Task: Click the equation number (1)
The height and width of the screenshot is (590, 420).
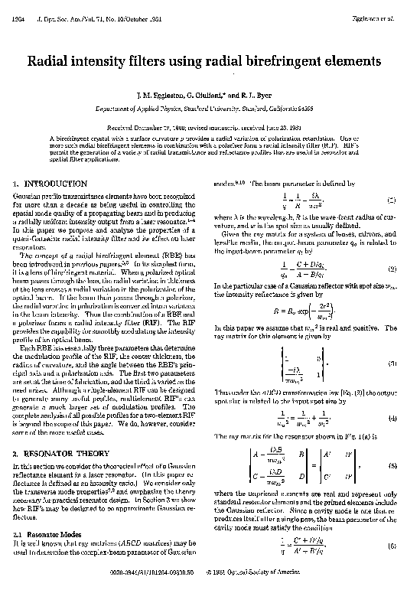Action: (x=390, y=201)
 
